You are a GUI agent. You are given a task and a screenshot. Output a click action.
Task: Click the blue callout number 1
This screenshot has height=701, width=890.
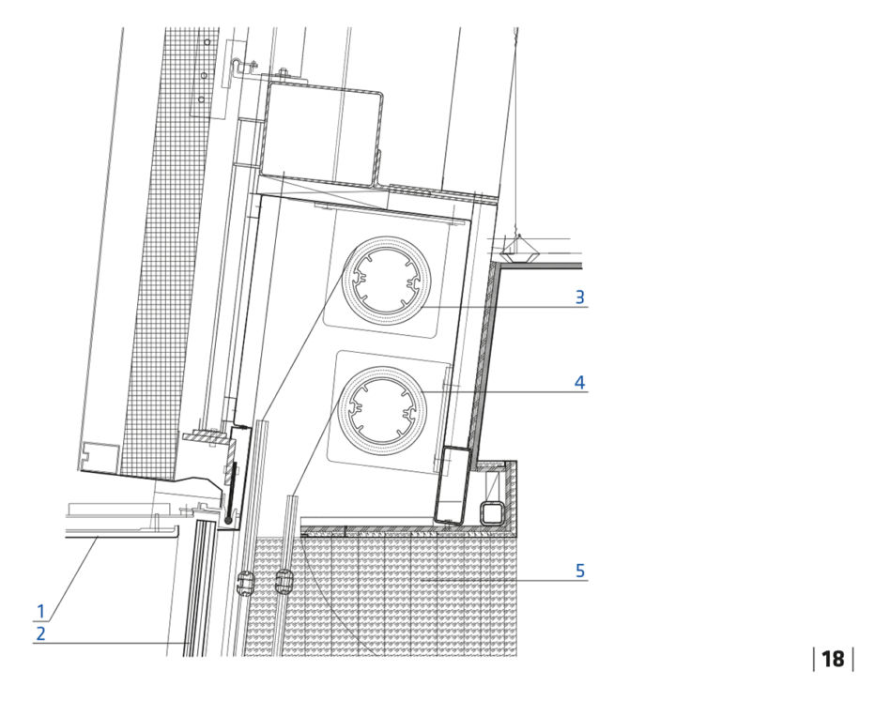pyautogui.click(x=40, y=612)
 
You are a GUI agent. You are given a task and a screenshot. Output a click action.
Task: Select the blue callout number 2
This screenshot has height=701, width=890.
pyautogui.click(x=40, y=633)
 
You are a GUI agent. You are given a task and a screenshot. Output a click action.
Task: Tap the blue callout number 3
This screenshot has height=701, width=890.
pyautogui.click(x=579, y=297)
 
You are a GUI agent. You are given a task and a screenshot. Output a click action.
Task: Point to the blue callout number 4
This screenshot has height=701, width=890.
pyautogui.click(x=579, y=382)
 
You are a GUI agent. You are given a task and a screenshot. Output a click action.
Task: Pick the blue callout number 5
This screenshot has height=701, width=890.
pyautogui.click(x=579, y=571)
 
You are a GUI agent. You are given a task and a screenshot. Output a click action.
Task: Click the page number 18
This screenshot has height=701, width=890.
pyautogui.click(x=833, y=659)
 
